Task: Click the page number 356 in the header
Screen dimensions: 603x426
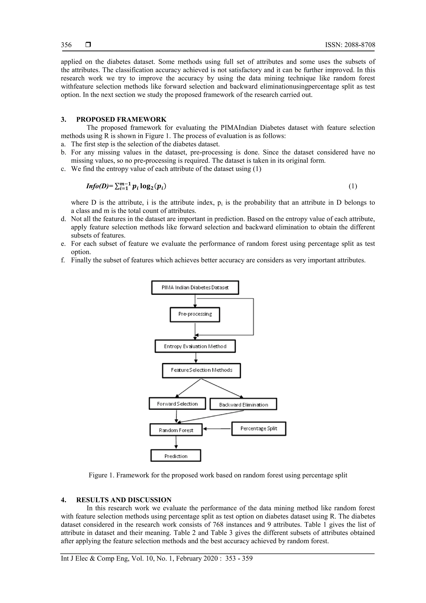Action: pyautogui.click(x=66, y=45)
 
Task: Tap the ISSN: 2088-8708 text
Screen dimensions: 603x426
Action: pyautogui.click(x=350, y=45)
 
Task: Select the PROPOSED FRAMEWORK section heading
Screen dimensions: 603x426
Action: pyautogui.click(x=121, y=119)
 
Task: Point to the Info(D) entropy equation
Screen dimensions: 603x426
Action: pyautogui.click(x=126, y=186)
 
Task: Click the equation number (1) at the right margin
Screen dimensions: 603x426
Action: pyautogui.click(x=353, y=186)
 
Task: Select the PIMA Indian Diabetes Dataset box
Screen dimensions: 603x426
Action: pyautogui.click(x=195, y=288)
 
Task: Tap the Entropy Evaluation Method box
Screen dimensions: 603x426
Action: pyautogui.click(x=195, y=346)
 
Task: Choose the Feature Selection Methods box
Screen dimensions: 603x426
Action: pyautogui.click(x=201, y=370)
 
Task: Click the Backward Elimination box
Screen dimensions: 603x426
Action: pyautogui.click(x=243, y=405)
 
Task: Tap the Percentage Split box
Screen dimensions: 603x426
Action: pyautogui.click(x=259, y=429)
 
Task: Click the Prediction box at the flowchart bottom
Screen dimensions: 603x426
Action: pyautogui.click(x=176, y=456)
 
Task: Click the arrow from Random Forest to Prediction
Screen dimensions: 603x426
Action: pyautogui.click(x=176, y=443)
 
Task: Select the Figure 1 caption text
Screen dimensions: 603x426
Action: pyautogui.click(x=218, y=475)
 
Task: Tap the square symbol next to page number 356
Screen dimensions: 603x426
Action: pyautogui.click(x=88, y=45)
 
